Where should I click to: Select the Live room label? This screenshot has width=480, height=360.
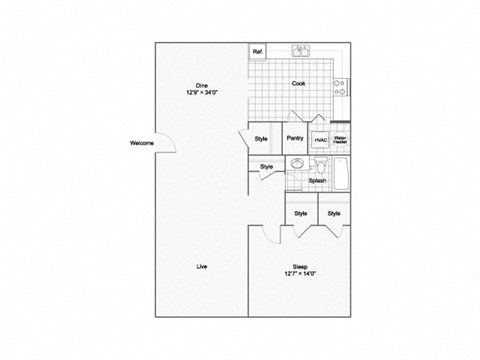pyautogui.click(x=201, y=265)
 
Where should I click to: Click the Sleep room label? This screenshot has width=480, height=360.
pyautogui.click(x=299, y=268)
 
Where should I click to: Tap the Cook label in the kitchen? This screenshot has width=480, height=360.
pyautogui.click(x=299, y=84)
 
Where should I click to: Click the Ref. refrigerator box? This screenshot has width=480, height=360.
pyautogui.click(x=258, y=51)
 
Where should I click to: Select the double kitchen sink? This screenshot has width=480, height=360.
pyautogui.click(x=299, y=50)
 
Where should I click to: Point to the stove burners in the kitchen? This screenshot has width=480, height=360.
pyautogui.click(x=341, y=87)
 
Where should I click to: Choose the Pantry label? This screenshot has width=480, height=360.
pyautogui.click(x=294, y=139)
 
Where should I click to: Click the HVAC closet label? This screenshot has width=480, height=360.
pyautogui.click(x=321, y=141)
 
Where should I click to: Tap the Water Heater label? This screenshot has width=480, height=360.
pyautogui.click(x=340, y=141)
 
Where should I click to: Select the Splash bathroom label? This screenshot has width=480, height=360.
pyautogui.click(x=316, y=181)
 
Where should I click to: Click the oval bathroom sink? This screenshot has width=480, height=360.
pyautogui.click(x=298, y=164)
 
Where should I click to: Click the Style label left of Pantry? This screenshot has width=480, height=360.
pyautogui.click(x=261, y=139)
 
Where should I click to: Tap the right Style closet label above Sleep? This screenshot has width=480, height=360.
pyautogui.click(x=333, y=213)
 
